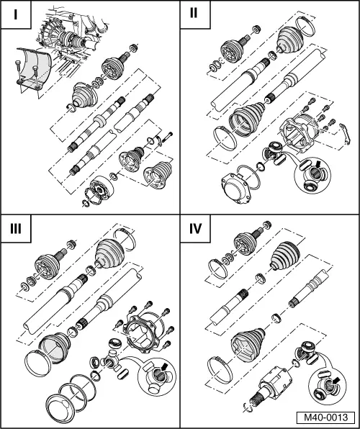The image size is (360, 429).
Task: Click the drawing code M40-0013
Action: pos(325,416)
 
